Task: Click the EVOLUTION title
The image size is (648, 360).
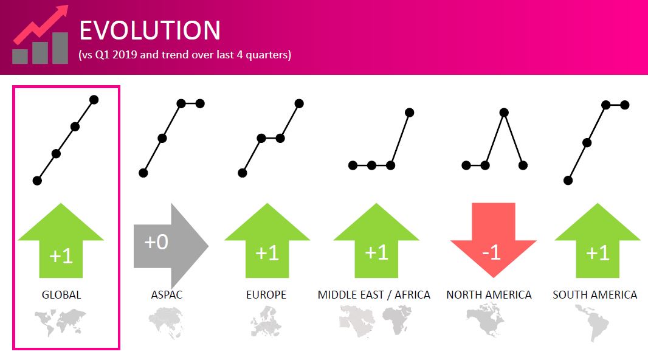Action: pos(150,30)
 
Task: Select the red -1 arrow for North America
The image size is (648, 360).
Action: pos(494,240)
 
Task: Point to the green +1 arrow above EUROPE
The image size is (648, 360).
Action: pos(267,240)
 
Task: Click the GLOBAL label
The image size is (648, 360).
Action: pos(61,295)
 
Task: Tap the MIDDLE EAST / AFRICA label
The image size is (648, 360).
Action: pos(374,295)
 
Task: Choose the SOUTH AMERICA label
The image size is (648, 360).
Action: pos(595,295)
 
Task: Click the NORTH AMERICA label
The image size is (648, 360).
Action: pos(489,295)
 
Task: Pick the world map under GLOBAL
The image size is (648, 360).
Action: pos(60,322)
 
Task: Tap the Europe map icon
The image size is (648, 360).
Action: pos(266,322)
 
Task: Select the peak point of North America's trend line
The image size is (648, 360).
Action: pos(504,112)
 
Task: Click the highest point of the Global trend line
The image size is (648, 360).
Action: pos(94,100)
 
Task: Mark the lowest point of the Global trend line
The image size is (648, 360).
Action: pos(37,181)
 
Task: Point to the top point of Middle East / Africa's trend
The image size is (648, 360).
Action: pos(409,112)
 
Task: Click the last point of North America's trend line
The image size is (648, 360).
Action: pos(523,166)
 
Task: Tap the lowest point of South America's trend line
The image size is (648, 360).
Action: pos(568,181)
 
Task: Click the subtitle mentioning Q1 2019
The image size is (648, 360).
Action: pos(185,55)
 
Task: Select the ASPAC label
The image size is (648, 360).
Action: pos(167,295)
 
